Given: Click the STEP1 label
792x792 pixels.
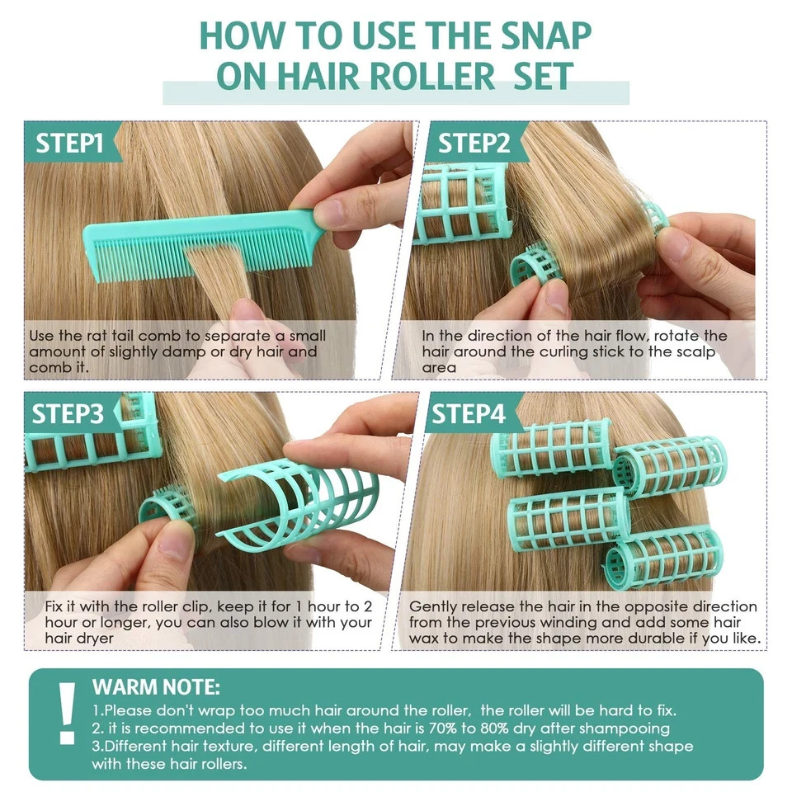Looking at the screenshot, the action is click(69, 143).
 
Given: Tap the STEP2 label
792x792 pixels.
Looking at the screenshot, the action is click(474, 143).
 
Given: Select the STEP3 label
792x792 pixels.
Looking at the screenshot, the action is click(68, 413).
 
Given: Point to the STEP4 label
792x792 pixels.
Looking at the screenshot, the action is click(469, 413).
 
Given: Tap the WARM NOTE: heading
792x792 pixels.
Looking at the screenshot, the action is click(156, 687).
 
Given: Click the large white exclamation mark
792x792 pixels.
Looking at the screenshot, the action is click(67, 713).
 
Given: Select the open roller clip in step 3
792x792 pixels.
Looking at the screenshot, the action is click(298, 505).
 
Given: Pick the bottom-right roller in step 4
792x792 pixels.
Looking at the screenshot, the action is click(662, 559).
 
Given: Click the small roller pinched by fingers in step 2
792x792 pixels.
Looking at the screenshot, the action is click(535, 265).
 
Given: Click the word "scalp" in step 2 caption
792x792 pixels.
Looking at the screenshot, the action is click(696, 352).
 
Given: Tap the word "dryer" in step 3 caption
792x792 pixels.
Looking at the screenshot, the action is click(97, 639).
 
